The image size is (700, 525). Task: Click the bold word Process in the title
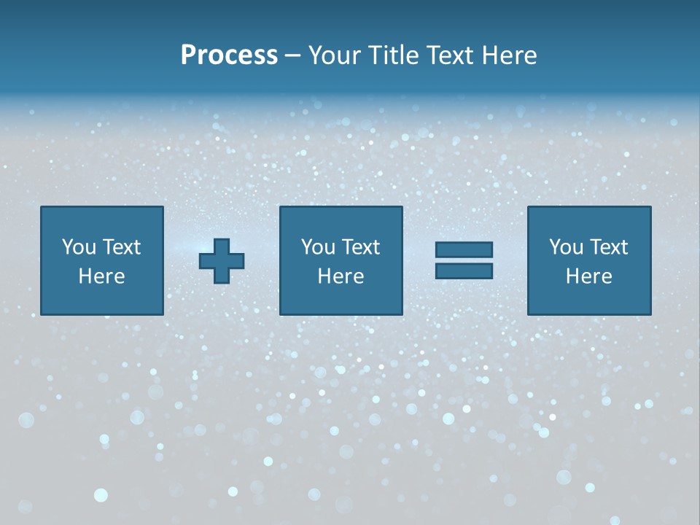[x=229, y=55]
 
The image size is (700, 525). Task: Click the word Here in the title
[x=510, y=55]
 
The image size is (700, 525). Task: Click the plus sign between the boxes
[x=222, y=260]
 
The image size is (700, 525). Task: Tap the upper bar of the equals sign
[x=464, y=250]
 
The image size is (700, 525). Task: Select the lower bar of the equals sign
[x=464, y=271]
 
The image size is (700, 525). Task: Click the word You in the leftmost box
[x=79, y=247]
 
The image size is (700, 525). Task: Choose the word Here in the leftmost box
[x=101, y=276]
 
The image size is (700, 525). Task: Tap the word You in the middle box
[x=318, y=247]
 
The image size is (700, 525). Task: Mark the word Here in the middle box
[x=341, y=276]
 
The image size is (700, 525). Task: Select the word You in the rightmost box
[x=566, y=247]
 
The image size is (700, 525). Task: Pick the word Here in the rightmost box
[x=588, y=276]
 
